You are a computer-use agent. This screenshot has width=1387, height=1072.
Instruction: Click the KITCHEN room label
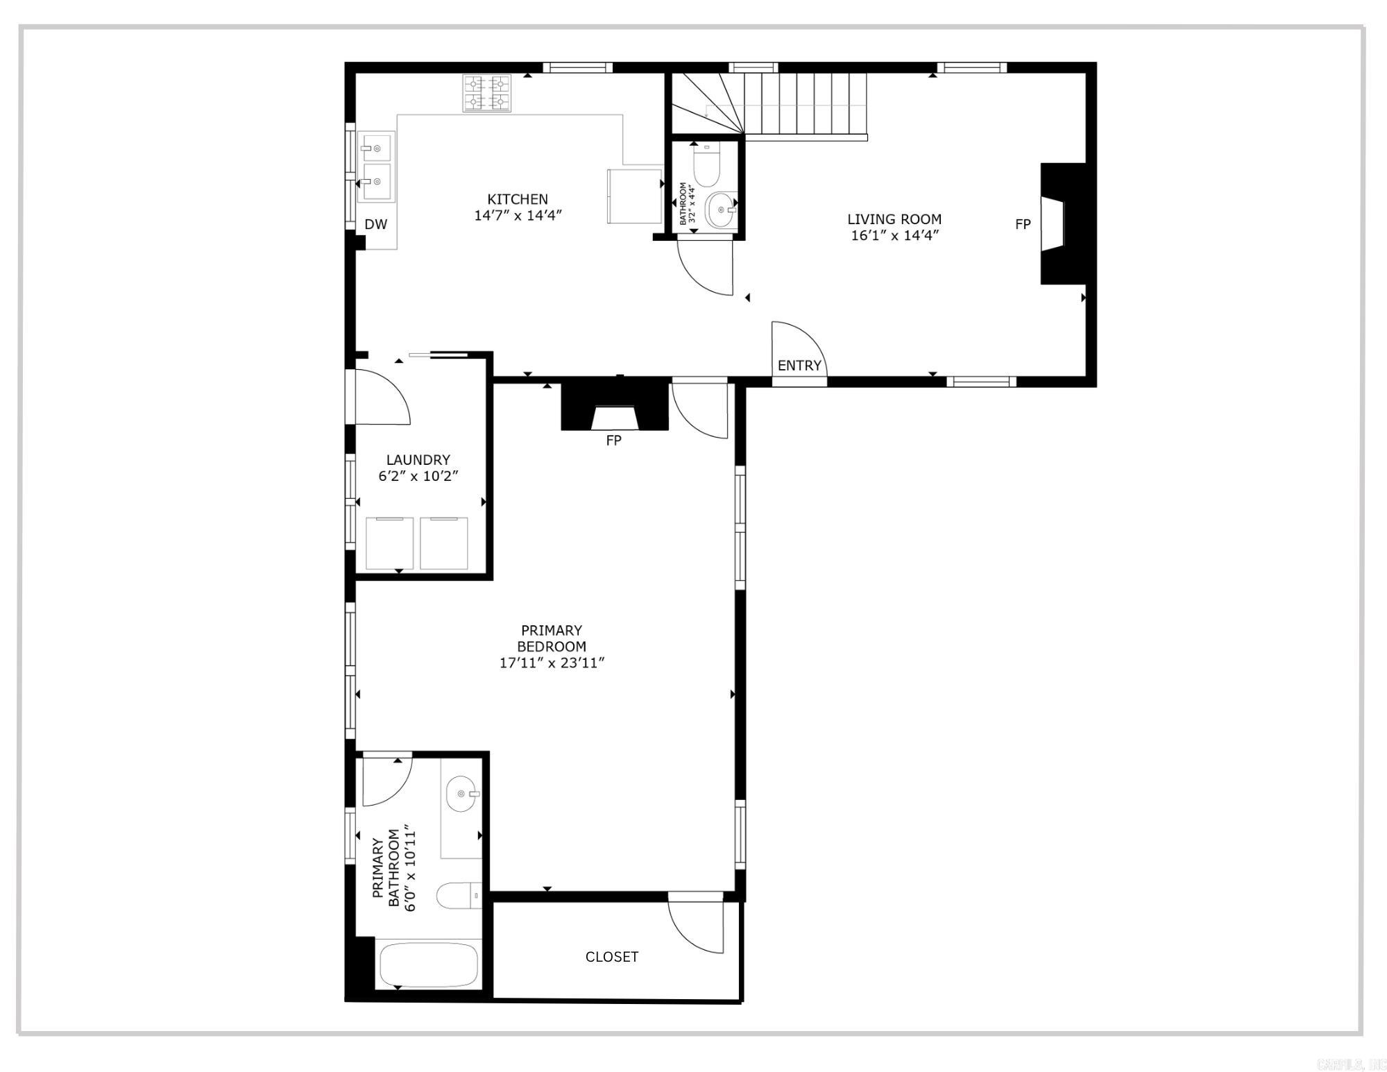click(x=517, y=199)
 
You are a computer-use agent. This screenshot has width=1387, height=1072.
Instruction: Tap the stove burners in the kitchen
click(x=486, y=93)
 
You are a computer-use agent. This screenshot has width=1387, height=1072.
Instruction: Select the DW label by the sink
click(x=375, y=224)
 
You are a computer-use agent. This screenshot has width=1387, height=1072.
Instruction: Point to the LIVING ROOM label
click(x=894, y=219)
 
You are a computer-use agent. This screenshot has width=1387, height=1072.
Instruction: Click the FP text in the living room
click(x=1022, y=224)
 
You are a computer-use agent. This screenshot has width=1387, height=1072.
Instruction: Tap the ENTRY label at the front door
click(x=799, y=366)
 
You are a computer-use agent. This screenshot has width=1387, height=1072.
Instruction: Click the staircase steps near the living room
click(x=805, y=104)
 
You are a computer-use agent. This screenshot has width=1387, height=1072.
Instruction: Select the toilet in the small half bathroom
click(x=706, y=167)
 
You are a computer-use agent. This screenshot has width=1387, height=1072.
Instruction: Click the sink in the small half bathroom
click(x=720, y=210)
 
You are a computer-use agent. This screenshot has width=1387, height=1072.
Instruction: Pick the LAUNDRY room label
click(x=418, y=459)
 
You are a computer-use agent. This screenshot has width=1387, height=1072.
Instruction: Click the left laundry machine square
click(x=389, y=543)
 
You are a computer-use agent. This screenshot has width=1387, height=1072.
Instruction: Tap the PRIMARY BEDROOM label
click(x=551, y=638)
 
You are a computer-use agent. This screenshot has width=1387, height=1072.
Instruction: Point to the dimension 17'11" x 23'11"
click(x=551, y=663)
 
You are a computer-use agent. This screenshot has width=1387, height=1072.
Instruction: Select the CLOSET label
click(x=611, y=957)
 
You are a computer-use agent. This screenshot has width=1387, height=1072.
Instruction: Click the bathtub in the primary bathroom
click(x=428, y=964)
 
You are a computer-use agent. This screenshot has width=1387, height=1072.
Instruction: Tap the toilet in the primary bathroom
click(x=458, y=896)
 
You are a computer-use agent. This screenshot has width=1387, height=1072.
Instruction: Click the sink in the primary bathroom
click(x=461, y=794)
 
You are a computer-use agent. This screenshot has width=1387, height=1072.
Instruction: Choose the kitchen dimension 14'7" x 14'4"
click(x=517, y=216)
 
